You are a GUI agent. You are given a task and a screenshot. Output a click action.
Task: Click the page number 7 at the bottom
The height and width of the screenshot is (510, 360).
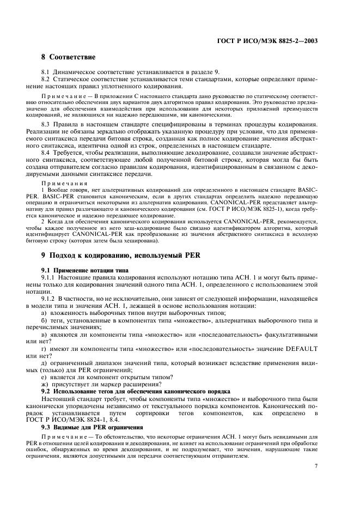tap(316, 466)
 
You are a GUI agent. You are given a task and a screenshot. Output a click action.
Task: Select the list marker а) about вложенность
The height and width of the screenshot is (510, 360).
tap(44, 313)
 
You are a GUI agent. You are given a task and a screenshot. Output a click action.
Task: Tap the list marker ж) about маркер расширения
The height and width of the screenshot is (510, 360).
tap(45, 384)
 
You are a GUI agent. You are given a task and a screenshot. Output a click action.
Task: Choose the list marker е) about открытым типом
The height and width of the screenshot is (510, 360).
tap(44, 377)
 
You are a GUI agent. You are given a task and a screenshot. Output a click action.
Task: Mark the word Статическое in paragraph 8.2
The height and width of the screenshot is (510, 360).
tap(75, 80)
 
